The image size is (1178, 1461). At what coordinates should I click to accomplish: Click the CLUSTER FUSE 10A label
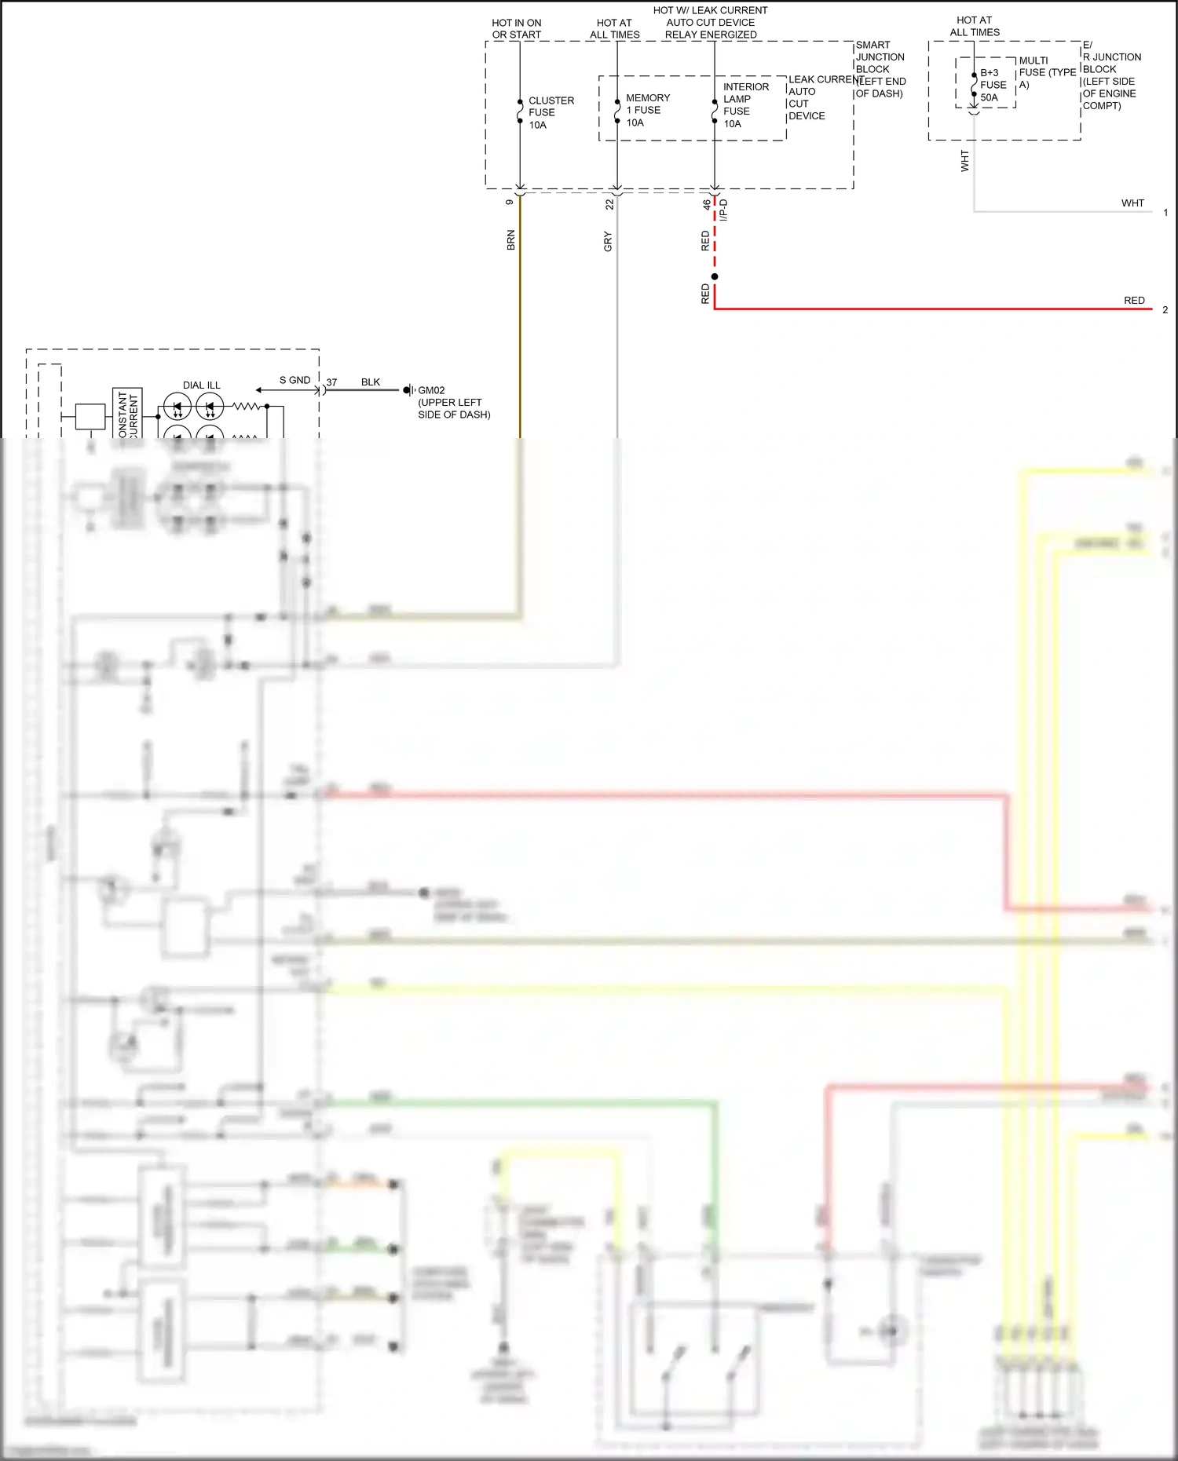551,112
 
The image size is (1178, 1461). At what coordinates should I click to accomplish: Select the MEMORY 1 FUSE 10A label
647,110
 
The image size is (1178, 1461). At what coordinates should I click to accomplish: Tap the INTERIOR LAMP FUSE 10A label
744,105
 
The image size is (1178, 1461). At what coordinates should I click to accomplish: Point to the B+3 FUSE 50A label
993,85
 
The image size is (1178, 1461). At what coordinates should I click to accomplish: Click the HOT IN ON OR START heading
516,29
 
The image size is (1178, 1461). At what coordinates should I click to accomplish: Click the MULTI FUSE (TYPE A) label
1046,72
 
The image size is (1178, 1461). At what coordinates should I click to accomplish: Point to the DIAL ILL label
201,385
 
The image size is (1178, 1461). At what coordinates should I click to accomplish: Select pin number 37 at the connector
331,382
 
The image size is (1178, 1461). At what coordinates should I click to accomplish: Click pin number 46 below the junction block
706,204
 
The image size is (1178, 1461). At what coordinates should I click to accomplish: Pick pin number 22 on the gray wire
609,204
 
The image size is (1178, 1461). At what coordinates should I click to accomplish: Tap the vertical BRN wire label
510,240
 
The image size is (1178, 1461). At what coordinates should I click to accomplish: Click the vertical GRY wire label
608,242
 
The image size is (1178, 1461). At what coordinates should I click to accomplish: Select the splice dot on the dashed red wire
715,276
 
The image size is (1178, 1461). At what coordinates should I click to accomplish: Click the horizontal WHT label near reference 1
1132,203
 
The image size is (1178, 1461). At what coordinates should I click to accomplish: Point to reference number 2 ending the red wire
1165,309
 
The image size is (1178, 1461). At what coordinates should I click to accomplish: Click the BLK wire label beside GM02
370,382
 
